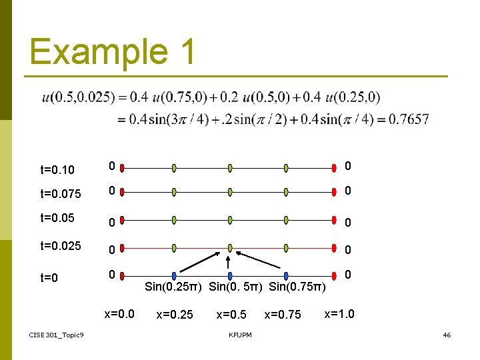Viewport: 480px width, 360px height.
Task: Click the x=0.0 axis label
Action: [119, 313]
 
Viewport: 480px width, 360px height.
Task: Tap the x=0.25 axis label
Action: [175, 315]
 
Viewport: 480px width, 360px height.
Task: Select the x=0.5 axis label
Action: [231, 315]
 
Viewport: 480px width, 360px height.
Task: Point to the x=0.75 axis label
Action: [283, 315]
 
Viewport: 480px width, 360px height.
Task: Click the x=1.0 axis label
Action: [339, 313]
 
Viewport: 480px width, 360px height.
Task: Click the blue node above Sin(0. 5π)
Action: [229, 275]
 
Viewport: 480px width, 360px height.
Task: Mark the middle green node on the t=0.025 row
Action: [229, 248]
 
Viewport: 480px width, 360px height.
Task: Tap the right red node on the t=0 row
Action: [336, 275]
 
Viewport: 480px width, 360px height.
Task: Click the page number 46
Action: [447, 334]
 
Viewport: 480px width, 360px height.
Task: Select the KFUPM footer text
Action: [240, 335]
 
